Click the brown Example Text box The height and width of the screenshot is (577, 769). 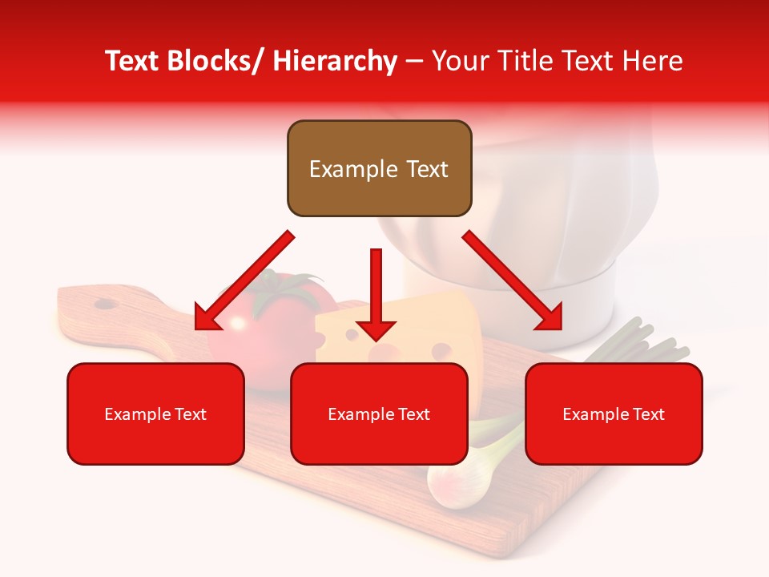(x=379, y=168)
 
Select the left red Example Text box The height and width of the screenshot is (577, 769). (x=155, y=414)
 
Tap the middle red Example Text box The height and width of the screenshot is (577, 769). (x=379, y=414)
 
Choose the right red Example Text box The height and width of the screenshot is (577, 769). (x=614, y=414)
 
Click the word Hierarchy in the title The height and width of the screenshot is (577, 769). (x=335, y=61)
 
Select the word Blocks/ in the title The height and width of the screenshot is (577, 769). (x=207, y=61)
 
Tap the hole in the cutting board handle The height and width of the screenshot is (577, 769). (x=104, y=304)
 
